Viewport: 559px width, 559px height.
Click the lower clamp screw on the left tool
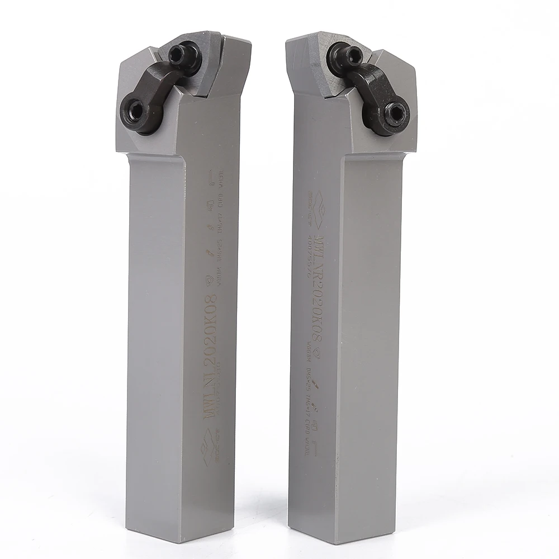pyautogui.click(x=135, y=108)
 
